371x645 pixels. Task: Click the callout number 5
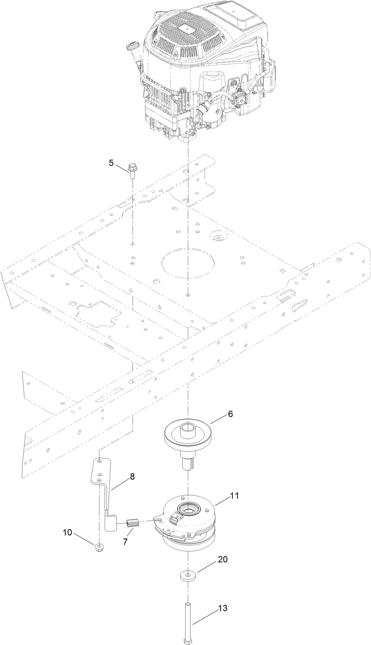coord(111,163)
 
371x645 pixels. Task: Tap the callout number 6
coord(230,414)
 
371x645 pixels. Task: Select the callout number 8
coord(132,476)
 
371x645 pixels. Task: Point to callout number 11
coord(234,496)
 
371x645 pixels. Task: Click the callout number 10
coord(67,532)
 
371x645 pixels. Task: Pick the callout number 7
coord(125,542)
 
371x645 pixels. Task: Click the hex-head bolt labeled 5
coord(131,171)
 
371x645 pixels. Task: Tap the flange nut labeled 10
coord(99,546)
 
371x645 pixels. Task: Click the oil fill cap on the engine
coord(133,46)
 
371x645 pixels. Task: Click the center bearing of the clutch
coord(188,509)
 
